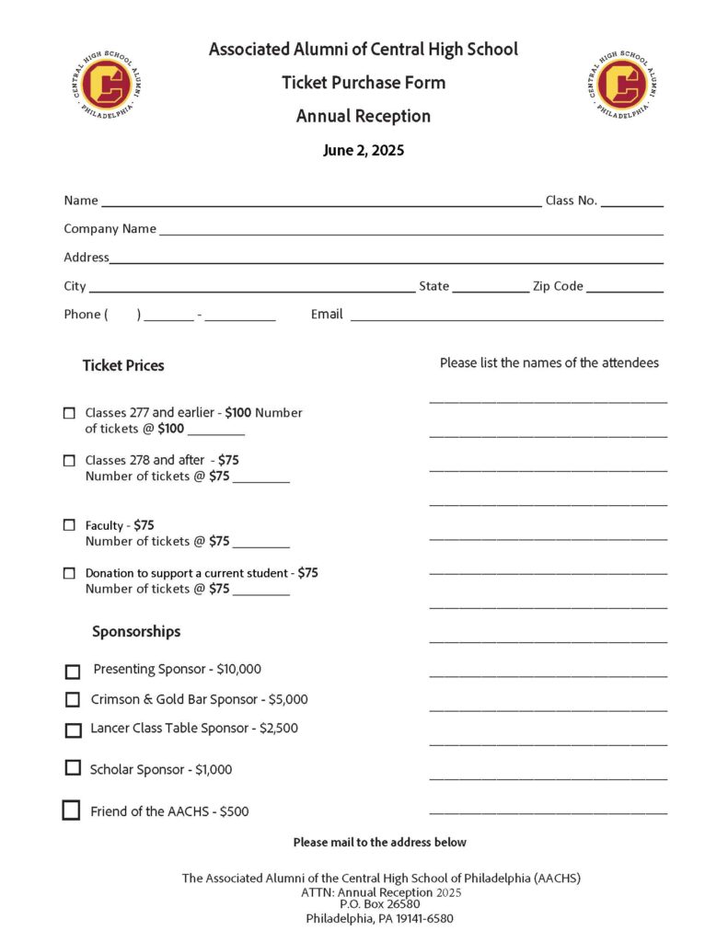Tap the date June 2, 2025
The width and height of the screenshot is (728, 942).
(x=364, y=151)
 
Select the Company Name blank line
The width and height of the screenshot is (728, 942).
(x=410, y=230)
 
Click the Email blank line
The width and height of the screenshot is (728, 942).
(x=506, y=316)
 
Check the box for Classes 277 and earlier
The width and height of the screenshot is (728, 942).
(x=69, y=413)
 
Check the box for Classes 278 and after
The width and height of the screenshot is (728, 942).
(x=69, y=460)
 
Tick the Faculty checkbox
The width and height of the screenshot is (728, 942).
(x=69, y=525)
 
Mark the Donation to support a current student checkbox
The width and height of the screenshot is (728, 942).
(x=69, y=573)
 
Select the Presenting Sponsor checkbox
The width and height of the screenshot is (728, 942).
(x=73, y=672)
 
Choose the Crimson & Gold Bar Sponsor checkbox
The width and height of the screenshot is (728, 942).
(x=73, y=700)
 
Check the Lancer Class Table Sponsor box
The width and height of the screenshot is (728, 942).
(x=74, y=730)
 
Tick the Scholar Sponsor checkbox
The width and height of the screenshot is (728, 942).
(x=73, y=767)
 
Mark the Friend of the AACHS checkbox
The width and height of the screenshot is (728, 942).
(x=71, y=810)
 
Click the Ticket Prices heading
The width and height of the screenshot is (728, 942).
(x=123, y=365)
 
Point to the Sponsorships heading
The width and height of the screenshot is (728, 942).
(x=136, y=632)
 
